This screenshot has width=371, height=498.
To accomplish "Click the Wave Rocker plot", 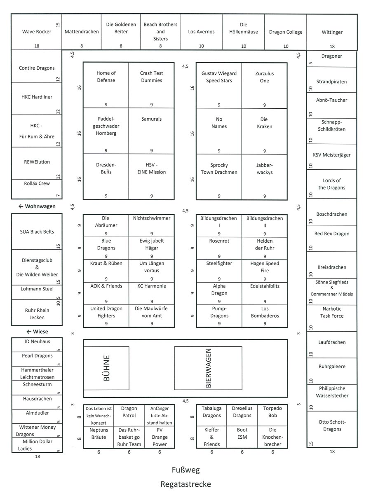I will (37, 32).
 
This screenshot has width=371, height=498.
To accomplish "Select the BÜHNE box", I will (106, 368).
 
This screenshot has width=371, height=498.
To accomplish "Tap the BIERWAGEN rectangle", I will (208, 368).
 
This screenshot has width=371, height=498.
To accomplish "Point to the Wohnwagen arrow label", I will (37, 206).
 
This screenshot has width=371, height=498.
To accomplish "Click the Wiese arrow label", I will (37, 332).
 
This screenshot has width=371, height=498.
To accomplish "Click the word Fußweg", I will (185, 470).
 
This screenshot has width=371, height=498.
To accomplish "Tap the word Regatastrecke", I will (185, 484).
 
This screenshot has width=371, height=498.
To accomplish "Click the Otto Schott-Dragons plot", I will (332, 429).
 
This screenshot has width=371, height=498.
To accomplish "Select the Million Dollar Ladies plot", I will (37, 445).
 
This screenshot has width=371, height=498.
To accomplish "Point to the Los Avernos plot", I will (201, 32).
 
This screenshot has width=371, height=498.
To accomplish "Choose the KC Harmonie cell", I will (151, 293).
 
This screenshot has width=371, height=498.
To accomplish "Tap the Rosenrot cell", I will (219, 248).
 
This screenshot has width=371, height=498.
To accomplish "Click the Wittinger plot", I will (332, 32).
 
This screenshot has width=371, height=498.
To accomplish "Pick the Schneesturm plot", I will (37, 388).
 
